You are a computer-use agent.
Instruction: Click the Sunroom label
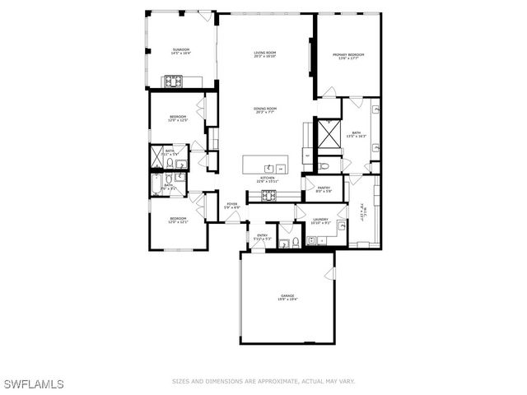point(181,52)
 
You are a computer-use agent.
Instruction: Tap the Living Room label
point(264,54)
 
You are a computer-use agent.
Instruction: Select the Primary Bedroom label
point(348,56)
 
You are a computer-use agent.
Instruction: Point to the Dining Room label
point(265,110)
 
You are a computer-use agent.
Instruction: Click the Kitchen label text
point(267,179)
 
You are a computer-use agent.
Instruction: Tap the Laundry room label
point(321,221)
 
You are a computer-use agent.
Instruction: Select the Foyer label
point(233,205)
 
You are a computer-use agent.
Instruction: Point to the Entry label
point(263,237)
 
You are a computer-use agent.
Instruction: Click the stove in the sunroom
point(175,81)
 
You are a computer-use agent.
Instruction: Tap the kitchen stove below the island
point(268,195)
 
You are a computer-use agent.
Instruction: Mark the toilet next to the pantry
point(324,167)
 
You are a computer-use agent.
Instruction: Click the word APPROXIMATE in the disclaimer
point(272,381)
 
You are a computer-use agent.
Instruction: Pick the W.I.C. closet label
point(361,212)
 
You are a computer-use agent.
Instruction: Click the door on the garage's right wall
point(333,272)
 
